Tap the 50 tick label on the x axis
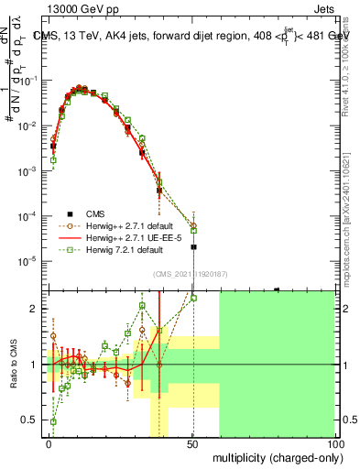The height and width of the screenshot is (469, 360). tap(192, 443)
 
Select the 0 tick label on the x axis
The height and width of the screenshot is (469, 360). tap(49, 443)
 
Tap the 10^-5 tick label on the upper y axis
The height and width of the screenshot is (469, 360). tap(28, 262)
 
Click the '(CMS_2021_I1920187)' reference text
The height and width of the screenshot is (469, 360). tap(191, 272)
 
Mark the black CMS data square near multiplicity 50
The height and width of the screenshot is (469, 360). tap(193, 247)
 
